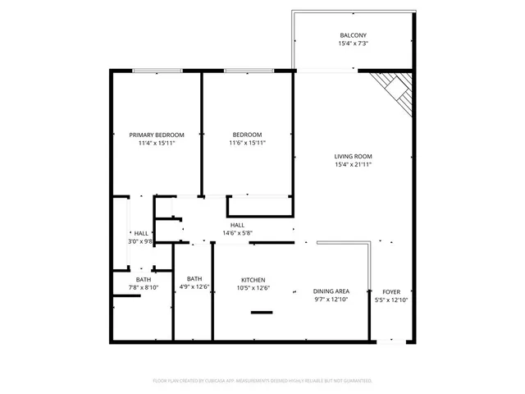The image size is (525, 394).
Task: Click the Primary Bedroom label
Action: pos(157,135)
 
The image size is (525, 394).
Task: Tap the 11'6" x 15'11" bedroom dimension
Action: pos(247,143)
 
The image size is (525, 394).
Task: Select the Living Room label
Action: pos(353,156)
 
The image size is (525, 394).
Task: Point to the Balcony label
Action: pos(353,35)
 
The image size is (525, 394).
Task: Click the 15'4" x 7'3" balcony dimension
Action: pos(353,44)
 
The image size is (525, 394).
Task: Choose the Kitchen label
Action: pos(253,280)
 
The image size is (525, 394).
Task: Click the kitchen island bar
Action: pos(262,312)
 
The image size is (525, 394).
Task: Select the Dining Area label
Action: pos(331,291)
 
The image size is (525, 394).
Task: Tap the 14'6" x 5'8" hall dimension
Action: pos(237,233)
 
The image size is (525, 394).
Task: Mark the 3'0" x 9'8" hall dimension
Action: pos(140,241)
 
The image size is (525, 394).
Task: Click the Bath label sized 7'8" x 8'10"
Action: pos(144,279)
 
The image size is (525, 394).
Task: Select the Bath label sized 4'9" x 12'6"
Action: pos(194,278)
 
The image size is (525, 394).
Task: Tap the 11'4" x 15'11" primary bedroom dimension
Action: pos(157,143)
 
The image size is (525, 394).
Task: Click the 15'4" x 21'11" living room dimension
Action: pos(353,164)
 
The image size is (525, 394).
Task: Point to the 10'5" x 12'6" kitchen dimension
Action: pos(253,288)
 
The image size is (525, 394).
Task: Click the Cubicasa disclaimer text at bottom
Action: pos(262,381)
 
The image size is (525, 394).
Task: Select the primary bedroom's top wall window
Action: pos(157,71)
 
